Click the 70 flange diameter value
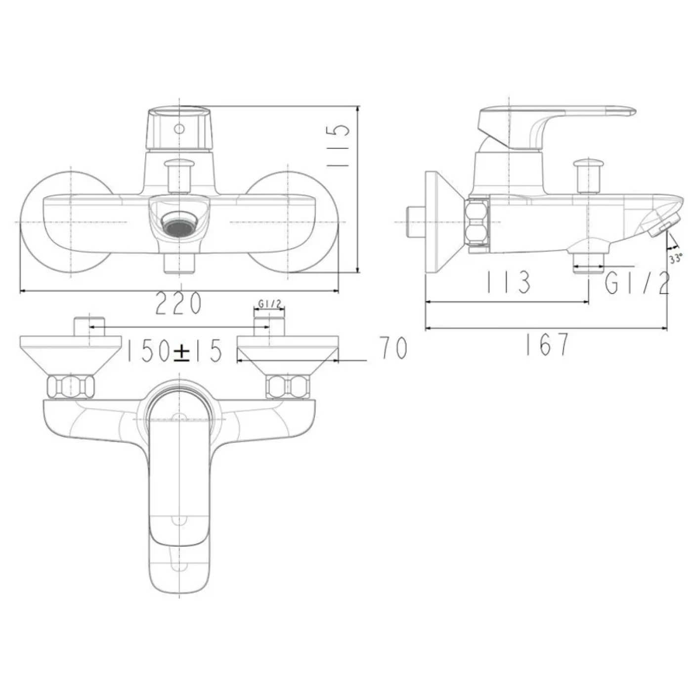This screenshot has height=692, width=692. tap(393, 347)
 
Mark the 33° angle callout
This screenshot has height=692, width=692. tap(676, 258)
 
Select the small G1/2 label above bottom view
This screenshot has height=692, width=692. tap(269, 304)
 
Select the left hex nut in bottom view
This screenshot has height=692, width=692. tap(70, 387)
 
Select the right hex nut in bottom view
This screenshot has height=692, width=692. tap(288, 387)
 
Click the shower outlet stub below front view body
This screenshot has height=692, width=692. tap(179, 262)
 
